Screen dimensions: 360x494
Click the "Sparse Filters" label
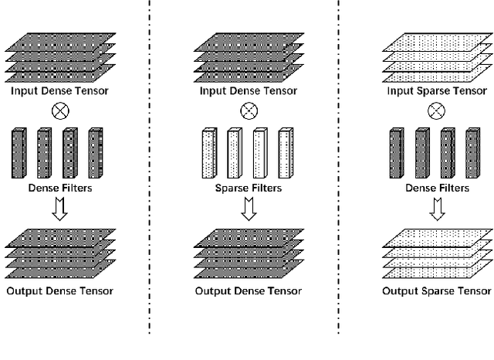tap(248, 188)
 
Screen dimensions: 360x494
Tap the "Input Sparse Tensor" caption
tap(436, 91)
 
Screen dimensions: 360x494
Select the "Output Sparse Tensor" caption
tap(437, 291)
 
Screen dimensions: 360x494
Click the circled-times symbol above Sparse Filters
tap(248, 110)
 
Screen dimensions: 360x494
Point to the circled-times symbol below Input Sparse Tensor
tap(437, 110)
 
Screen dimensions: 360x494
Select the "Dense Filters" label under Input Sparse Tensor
tap(437, 188)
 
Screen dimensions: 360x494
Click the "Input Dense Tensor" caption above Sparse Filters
tap(248, 91)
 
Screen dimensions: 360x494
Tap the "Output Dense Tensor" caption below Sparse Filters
tap(248, 291)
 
